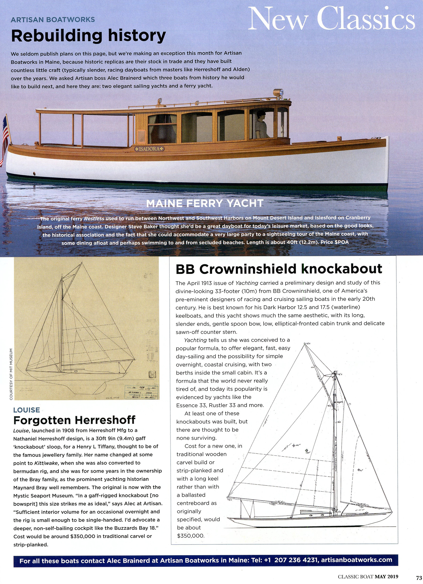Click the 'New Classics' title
click(331, 19)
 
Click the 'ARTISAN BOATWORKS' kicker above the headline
click(53, 20)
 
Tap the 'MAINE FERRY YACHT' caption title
click(205, 204)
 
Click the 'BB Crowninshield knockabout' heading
click(278, 269)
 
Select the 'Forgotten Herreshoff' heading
click(74, 420)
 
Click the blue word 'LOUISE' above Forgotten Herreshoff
click(27, 410)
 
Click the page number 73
click(419, 578)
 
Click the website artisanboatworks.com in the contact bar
click(356, 560)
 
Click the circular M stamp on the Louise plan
click(153, 375)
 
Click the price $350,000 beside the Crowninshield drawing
click(191, 536)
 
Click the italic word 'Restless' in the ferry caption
click(94, 219)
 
